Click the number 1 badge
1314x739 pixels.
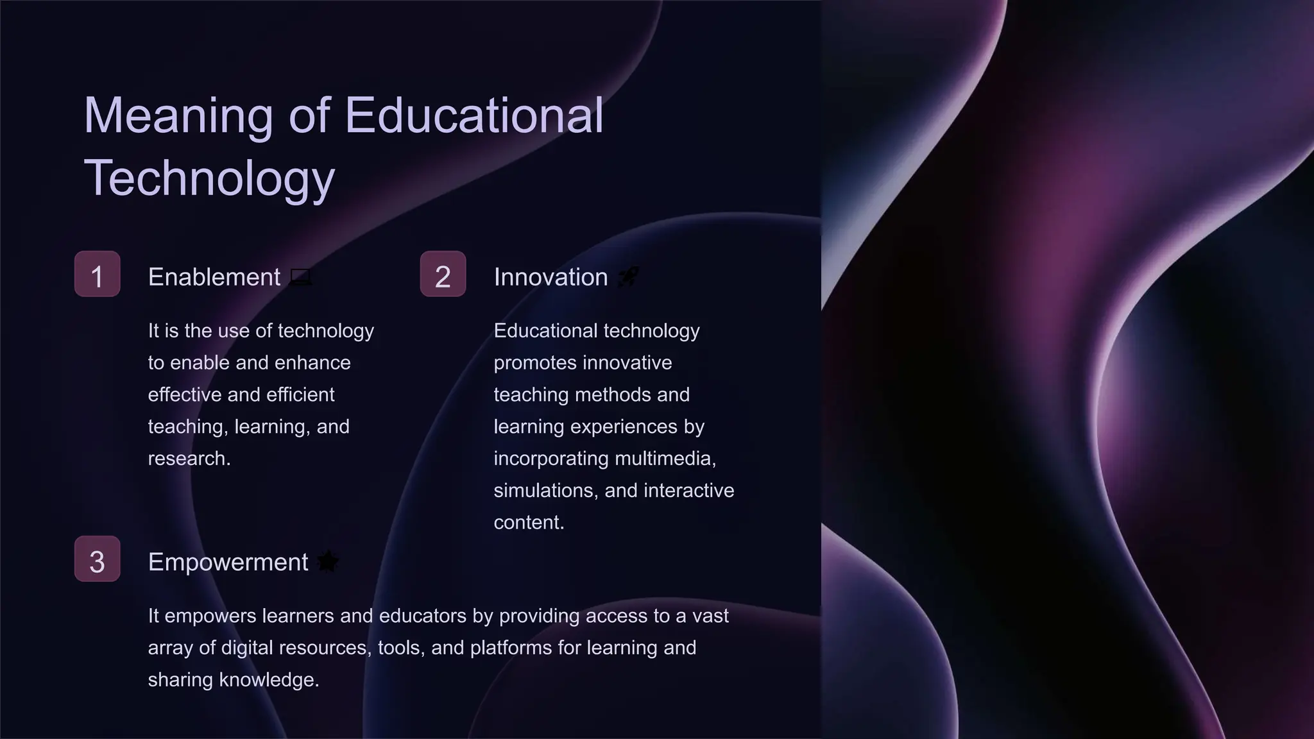click(x=98, y=274)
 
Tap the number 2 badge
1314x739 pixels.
click(x=443, y=274)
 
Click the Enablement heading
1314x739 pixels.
click(x=214, y=277)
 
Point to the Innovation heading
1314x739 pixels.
click(x=550, y=277)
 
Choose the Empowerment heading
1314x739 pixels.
click(x=228, y=562)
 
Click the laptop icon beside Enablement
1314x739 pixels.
click(x=301, y=277)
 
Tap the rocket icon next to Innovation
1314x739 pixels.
click(x=627, y=277)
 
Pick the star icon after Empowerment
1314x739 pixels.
click(x=328, y=561)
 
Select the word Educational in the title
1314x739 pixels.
click(x=474, y=115)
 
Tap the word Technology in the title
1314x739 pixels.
click(x=209, y=178)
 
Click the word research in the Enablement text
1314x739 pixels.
click(x=189, y=459)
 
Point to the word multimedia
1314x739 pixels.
click(x=665, y=459)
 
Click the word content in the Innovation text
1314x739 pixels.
click(x=529, y=523)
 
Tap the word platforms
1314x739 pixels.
click(x=511, y=648)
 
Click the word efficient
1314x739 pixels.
click(x=300, y=395)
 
